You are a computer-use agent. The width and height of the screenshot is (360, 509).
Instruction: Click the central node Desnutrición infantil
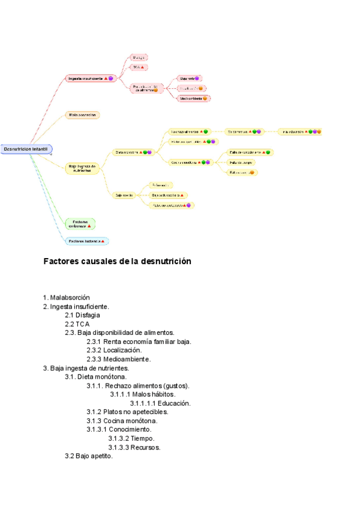(x=27, y=149)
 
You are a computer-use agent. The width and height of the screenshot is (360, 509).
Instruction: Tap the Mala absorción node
(x=82, y=115)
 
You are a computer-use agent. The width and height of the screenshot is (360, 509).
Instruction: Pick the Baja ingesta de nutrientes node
(x=82, y=168)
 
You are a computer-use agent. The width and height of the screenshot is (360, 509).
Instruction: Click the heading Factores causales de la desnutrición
(x=117, y=262)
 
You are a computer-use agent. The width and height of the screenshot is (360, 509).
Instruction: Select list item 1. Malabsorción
(x=67, y=297)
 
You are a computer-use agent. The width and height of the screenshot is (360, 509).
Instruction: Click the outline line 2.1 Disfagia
(x=82, y=315)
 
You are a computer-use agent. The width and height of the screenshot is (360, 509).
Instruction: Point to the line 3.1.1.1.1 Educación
(x=160, y=403)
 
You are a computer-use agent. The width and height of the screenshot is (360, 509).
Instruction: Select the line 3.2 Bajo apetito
(x=89, y=456)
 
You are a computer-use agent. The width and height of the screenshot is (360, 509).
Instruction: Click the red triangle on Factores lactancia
(x=103, y=241)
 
